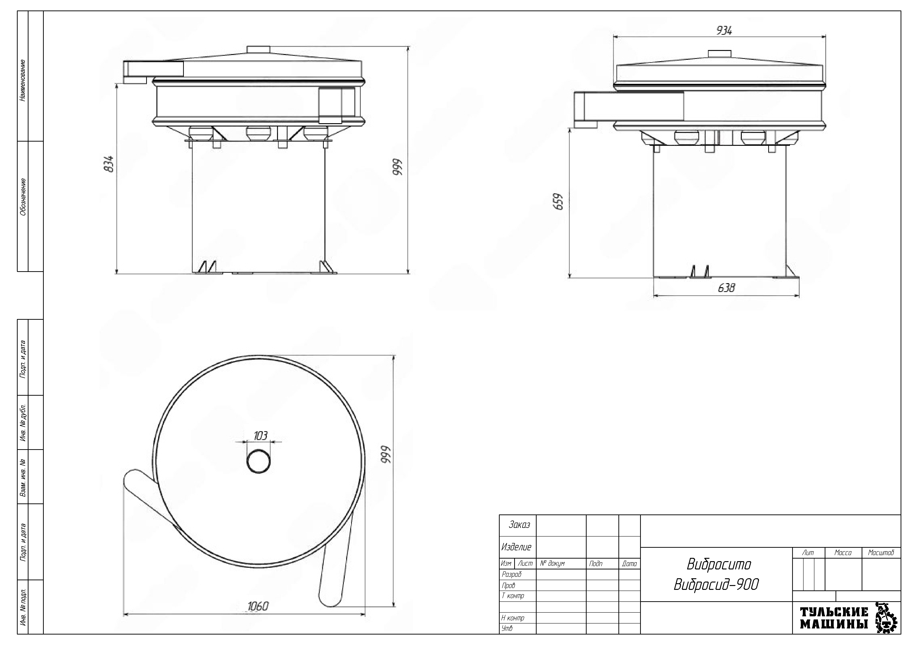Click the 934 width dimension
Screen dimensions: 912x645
tap(724, 31)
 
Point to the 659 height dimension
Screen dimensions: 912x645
tap(559, 202)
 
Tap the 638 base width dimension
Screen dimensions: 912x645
tap(726, 288)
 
